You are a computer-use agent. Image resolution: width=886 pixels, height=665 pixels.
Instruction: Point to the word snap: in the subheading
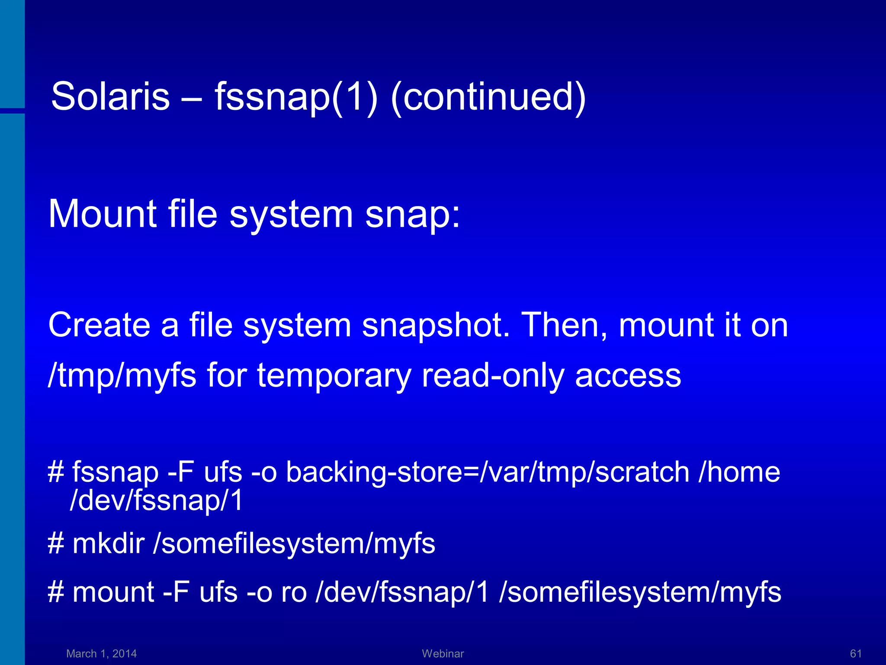tap(413, 214)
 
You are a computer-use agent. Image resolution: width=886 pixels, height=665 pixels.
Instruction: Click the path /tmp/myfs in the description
tap(122, 375)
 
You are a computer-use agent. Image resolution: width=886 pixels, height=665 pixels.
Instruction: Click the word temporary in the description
tap(334, 375)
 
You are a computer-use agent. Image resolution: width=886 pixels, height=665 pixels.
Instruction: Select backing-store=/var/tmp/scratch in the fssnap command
tap(488, 472)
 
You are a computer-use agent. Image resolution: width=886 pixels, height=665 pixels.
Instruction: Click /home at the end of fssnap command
tap(739, 472)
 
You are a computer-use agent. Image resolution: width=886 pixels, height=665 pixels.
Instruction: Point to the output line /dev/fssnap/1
tap(156, 500)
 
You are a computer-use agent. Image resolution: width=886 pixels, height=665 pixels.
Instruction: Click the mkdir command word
tap(108, 543)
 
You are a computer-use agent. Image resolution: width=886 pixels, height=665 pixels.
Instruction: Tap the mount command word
tap(113, 592)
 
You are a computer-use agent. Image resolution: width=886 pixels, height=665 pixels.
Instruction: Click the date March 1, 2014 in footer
tap(101, 654)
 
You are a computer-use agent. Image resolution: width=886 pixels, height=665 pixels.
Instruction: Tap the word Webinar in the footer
tap(443, 654)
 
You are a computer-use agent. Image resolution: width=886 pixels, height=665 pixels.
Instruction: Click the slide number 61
tap(856, 654)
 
